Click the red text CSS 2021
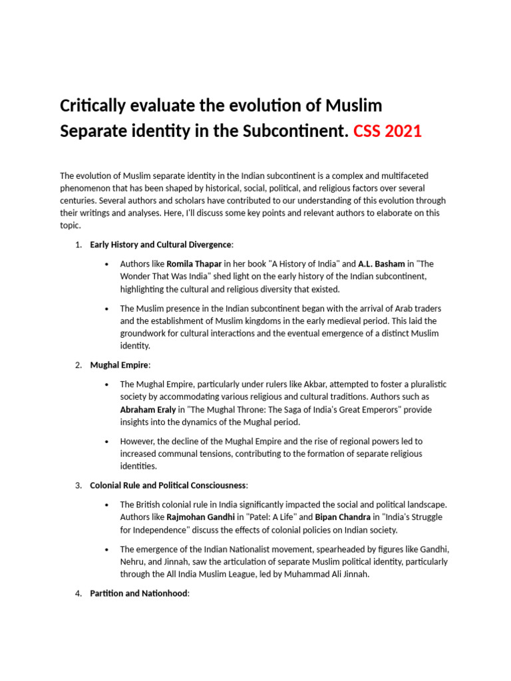(387, 131)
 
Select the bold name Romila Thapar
(194, 264)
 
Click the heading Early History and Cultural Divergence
(161, 245)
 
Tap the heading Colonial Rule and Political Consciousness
(168, 485)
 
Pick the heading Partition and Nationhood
(139, 594)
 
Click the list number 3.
(78, 485)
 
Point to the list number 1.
(78, 245)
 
